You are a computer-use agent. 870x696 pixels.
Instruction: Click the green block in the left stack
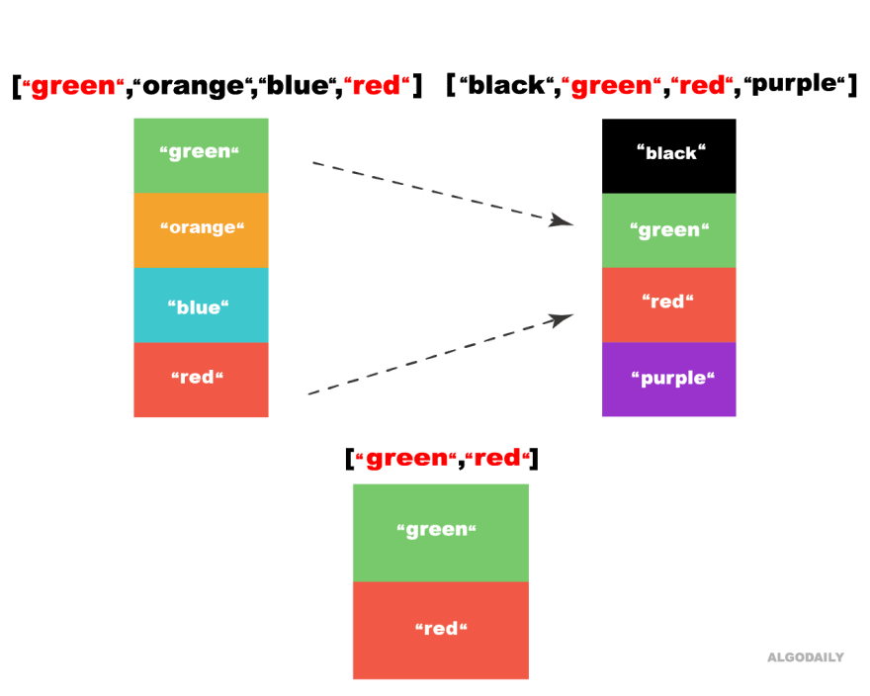(201, 155)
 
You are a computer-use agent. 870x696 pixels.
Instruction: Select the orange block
(201, 230)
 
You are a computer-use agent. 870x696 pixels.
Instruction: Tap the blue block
(201, 305)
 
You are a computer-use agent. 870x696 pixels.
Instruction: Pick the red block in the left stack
(201, 381)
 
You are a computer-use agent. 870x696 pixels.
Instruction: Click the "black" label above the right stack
(671, 152)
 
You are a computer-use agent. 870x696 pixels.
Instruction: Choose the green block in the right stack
(669, 230)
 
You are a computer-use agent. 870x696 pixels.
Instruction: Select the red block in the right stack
(669, 304)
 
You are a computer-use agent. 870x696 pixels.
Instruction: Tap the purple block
(669, 380)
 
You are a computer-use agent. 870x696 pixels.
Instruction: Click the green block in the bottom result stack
(440, 532)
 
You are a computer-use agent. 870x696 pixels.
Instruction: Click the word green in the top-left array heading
(74, 87)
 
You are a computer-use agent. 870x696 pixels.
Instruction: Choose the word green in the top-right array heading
(613, 87)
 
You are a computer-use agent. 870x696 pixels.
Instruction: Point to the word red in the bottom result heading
(497, 459)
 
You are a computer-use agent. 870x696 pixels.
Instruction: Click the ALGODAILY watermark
(806, 657)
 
